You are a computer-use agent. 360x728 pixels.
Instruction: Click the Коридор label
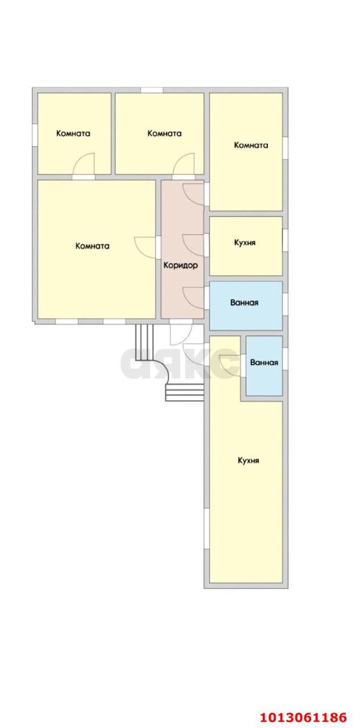pyautogui.click(x=180, y=266)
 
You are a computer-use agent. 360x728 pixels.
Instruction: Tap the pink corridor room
pyautogui.click(x=183, y=249)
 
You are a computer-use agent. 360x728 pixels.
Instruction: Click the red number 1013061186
pyautogui.click(x=303, y=717)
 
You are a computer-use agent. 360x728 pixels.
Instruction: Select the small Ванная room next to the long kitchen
pyautogui.click(x=264, y=366)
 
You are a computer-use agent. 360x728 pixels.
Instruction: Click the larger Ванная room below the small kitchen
pyautogui.click(x=246, y=305)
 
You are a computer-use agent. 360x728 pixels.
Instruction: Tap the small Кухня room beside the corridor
pyautogui.click(x=246, y=246)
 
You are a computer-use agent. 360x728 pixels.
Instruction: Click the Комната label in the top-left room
pyautogui.click(x=73, y=133)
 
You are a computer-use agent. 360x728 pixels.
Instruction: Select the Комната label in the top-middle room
pyautogui.click(x=164, y=133)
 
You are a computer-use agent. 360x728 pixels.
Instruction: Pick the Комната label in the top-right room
pyautogui.click(x=251, y=145)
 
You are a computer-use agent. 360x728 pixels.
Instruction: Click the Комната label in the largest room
pyautogui.click(x=92, y=246)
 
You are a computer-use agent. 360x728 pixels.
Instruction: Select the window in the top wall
pyautogui.click(x=151, y=90)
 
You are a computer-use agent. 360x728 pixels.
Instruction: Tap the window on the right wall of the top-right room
pyautogui.click(x=285, y=148)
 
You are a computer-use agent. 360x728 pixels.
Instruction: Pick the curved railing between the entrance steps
pyautogui.click(x=172, y=372)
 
